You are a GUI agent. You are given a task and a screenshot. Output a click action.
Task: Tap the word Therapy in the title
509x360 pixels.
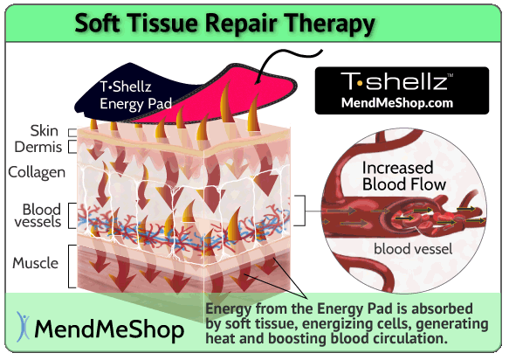coord(330,24)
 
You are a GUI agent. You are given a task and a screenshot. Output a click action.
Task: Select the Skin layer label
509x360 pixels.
coord(45,131)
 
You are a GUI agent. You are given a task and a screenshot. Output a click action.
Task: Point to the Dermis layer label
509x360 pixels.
coord(38,147)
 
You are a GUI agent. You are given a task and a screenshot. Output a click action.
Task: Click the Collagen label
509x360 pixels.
coord(37,172)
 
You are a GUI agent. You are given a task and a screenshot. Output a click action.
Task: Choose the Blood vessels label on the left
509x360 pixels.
coord(38,216)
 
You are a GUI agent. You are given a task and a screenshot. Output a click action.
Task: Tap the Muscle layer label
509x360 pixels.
coord(36,263)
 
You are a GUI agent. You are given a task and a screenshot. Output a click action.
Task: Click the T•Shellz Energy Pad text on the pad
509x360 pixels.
coord(135,95)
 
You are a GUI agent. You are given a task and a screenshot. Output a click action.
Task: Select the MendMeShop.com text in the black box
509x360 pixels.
coord(397,103)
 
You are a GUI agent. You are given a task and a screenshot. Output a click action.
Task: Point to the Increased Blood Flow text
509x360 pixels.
coord(404,177)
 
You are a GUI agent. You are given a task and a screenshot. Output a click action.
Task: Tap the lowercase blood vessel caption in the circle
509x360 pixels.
coord(413,249)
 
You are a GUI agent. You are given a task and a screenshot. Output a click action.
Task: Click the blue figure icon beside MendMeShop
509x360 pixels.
coord(23,327)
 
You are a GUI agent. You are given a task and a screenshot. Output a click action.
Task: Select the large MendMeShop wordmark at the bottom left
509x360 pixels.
coord(109,329)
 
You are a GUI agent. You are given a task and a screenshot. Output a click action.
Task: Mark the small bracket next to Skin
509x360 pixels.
coord(72,132)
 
